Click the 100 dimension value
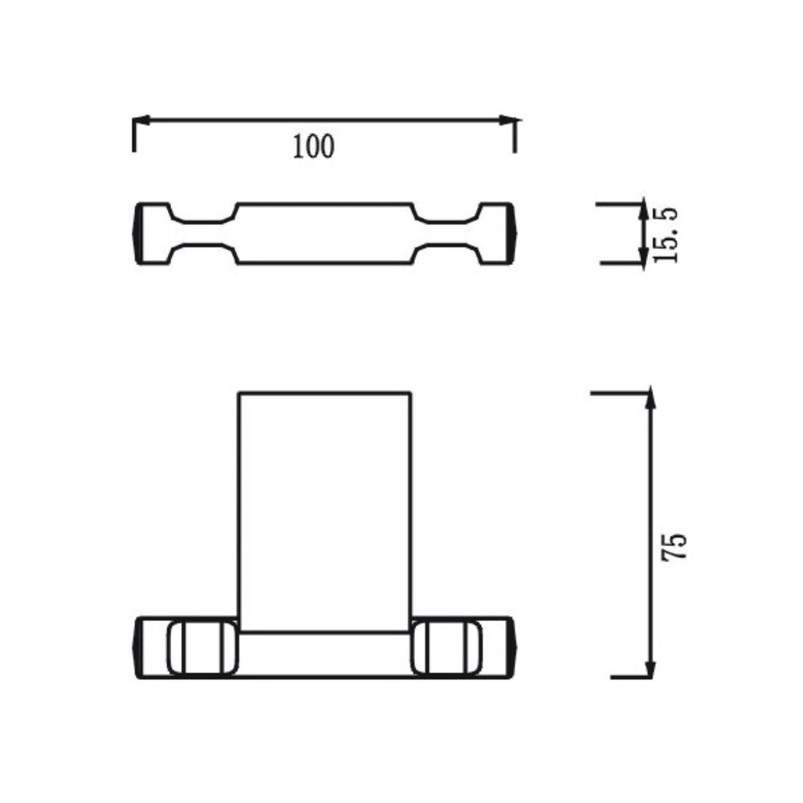tap(313, 146)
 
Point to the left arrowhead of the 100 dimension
tap(141, 121)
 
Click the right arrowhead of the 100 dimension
tap(507, 121)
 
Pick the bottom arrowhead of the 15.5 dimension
tap(642, 255)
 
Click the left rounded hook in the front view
tap(202, 647)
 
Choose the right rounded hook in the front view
tap(448, 647)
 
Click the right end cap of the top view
tap(511, 234)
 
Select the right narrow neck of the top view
tap(446, 234)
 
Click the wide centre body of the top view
tap(325, 234)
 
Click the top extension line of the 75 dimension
tap(618, 393)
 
